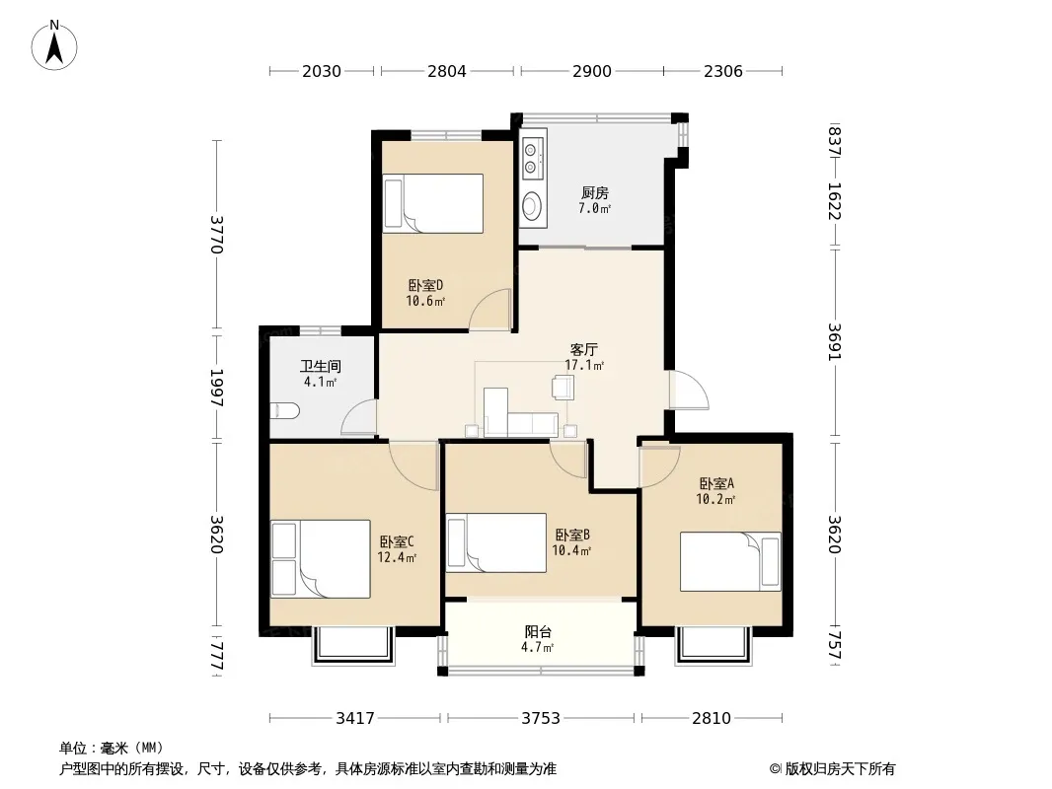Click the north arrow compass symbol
[x=54, y=45]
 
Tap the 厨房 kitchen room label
[x=594, y=193]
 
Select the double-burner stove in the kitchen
[x=532, y=157]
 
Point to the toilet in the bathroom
[x=284, y=410]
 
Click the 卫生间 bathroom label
[x=320, y=367]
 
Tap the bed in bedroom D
[x=433, y=204]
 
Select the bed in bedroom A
[x=730, y=561]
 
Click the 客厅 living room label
[x=583, y=349]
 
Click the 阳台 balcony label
[x=538, y=631]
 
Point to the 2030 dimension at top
[x=322, y=71]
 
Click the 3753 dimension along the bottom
[x=541, y=719]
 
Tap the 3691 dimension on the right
[x=834, y=342]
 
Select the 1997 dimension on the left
[x=216, y=388]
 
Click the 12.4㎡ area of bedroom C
[x=397, y=558]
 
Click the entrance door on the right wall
[x=689, y=390]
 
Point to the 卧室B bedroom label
[x=572, y=535]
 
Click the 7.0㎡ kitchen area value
[x=594, y=208]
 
